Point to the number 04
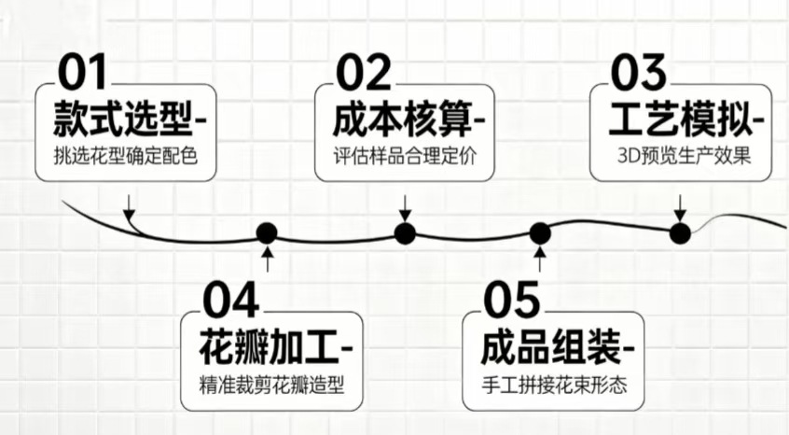pyautogui.click(x=230, y=300)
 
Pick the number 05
pyautogui.click(x=512, y=300)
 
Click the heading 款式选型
pyautogui.click(x=121, y=119)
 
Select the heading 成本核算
pyautogui.click(x=401, y=119)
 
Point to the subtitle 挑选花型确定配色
pyautogui.click(x=126, y=156)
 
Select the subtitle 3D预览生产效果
pyautogui.click(x=683, y=156)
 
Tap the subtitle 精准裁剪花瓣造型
pyautogui.click(x=271, y=384)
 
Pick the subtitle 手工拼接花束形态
pyautogui.click(x=552, y=384)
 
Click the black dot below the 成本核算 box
pyautogui.click(x=404, y=233)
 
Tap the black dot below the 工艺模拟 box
pyautogui.click(x=680, y=232)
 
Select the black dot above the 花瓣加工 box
pyautogui.click(x=268, y=232)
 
